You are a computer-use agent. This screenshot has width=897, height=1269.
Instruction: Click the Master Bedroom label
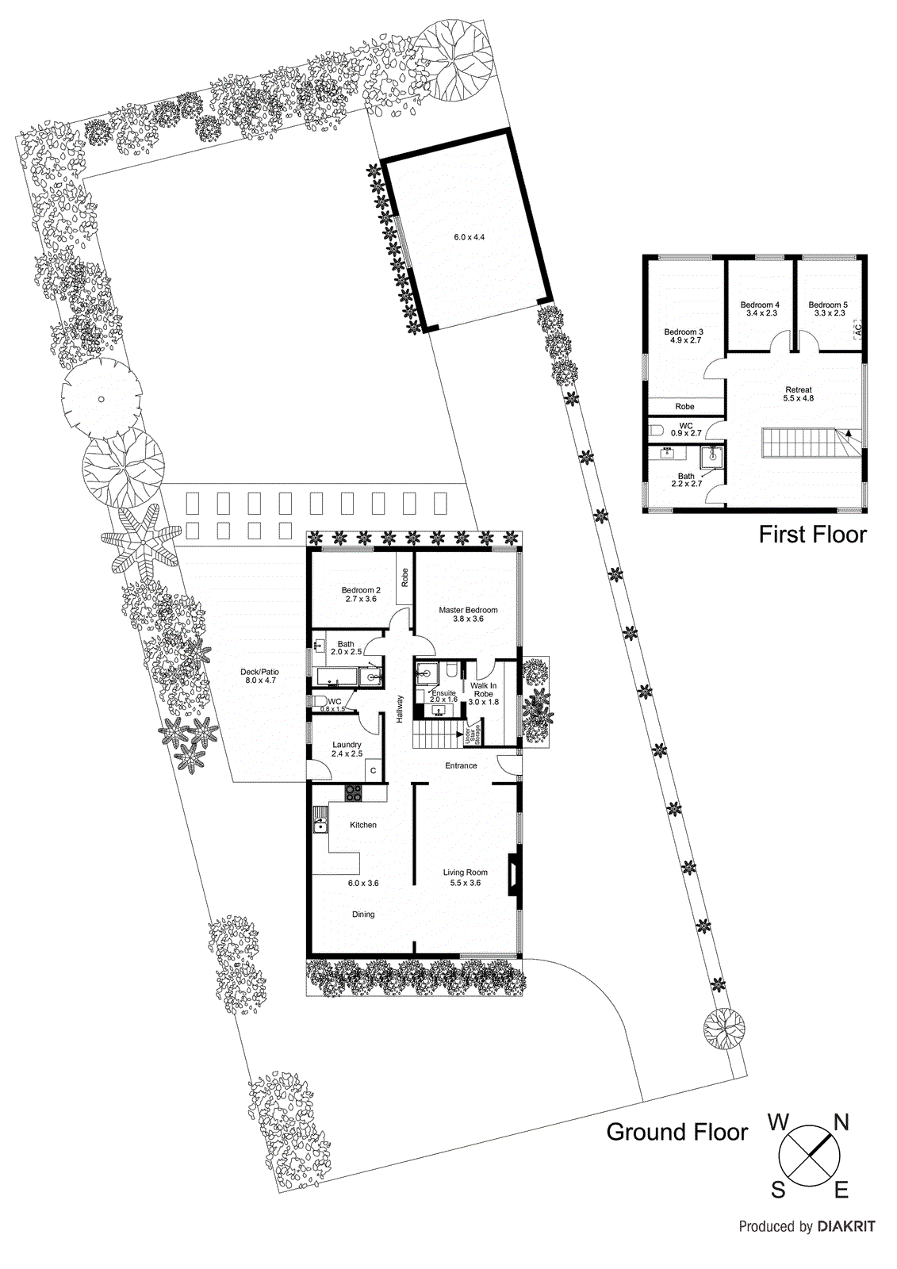[x=468, y=610]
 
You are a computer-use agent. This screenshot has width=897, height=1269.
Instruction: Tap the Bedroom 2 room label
[x=361, y=590]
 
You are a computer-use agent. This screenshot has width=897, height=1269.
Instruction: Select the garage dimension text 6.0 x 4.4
[x=469, y=237]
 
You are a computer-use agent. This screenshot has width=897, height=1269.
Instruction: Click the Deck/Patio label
[x=259, y=672]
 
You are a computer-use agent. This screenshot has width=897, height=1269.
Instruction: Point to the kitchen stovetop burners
[x=353, y=792]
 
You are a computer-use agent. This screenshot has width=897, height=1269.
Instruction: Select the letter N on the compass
[x=841, y=1122]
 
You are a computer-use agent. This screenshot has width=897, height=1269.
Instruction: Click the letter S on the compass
[x=777, y=1190]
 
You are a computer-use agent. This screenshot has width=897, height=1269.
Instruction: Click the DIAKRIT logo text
[x=846, y=1226]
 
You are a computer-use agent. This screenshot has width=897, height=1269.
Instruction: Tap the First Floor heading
[x=812, y=534]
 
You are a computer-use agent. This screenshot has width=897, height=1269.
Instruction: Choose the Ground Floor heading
[x=677, y=1132]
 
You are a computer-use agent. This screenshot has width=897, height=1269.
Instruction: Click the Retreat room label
[x=798, y=389]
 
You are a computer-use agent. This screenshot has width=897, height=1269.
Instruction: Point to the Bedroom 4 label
[x=760, y=305]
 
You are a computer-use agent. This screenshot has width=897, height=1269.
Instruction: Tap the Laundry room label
[x=347, y=745]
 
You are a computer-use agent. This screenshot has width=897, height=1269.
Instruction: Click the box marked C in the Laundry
[x=373, y=770]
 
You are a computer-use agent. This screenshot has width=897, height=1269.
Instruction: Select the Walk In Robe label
[x=483, y=689]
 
